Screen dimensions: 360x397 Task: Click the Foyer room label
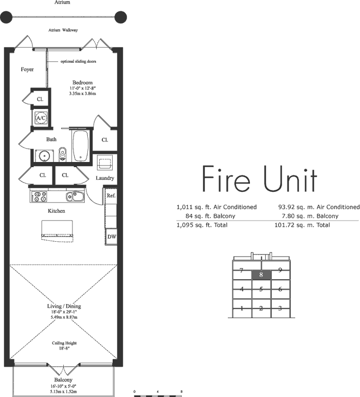click(x=27, y=69)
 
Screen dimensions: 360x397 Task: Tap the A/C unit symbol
click(x=41, y=118)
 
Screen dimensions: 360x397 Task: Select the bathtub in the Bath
click(x=81, y=146)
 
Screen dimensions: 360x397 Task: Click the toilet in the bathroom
click(x=62, y=154)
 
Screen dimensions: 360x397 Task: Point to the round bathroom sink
click(x=44, y=156)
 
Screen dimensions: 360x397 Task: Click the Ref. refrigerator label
click(x=111, y=196)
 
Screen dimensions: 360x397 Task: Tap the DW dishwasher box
click(x=112, y=237)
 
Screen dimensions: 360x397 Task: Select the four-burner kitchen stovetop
click(x=39, y=197)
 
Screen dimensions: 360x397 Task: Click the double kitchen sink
click(x=75, y=196)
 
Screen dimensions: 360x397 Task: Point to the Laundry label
click(x=105, y=178)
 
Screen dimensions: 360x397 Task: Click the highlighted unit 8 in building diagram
click(x=261, y=275)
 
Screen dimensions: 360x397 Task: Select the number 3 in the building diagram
click(x=280, y=308)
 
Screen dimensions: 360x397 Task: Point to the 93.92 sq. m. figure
click(x=296, y=207)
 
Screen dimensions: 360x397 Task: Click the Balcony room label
click(x=63, y=380)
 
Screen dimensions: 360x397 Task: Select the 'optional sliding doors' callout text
click(x=78, y=61)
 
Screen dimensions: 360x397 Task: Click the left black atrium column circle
click(x=6, y=17)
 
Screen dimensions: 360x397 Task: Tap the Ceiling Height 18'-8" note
click(x=64, y=346)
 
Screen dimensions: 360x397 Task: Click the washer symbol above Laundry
click(x=105, y=163)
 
